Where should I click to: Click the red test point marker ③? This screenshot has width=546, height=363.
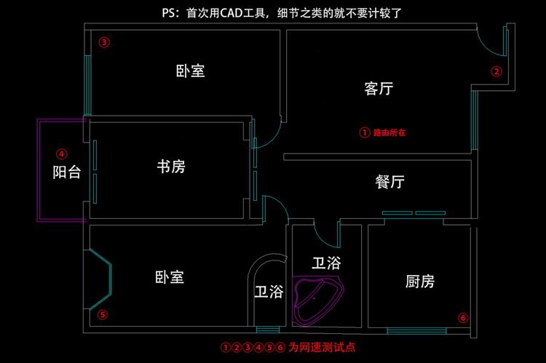point(104,42)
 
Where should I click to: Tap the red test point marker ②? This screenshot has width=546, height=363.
point(496,71)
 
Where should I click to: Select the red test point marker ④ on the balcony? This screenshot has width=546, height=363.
point(62,153)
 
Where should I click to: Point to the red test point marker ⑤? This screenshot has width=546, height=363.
point(103,314)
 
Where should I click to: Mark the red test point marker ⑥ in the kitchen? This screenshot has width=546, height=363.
point(463,317)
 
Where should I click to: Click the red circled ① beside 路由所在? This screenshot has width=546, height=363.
point(364,132)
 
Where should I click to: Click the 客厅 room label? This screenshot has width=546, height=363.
point(379,89)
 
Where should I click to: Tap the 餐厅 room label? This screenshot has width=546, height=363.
point(389,182)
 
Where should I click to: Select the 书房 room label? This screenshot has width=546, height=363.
point(171,167)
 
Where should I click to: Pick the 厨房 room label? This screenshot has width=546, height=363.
point(420,282)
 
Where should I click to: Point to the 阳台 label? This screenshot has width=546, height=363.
point(66,172)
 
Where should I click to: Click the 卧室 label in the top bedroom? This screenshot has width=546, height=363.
point(190,71)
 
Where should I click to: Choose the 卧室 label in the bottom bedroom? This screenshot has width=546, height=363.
point(169,277)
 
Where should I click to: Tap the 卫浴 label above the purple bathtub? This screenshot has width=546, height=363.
point(326,263)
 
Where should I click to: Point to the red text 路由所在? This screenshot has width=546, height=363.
point(389,132)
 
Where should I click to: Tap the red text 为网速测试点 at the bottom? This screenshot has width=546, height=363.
point(322,347)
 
